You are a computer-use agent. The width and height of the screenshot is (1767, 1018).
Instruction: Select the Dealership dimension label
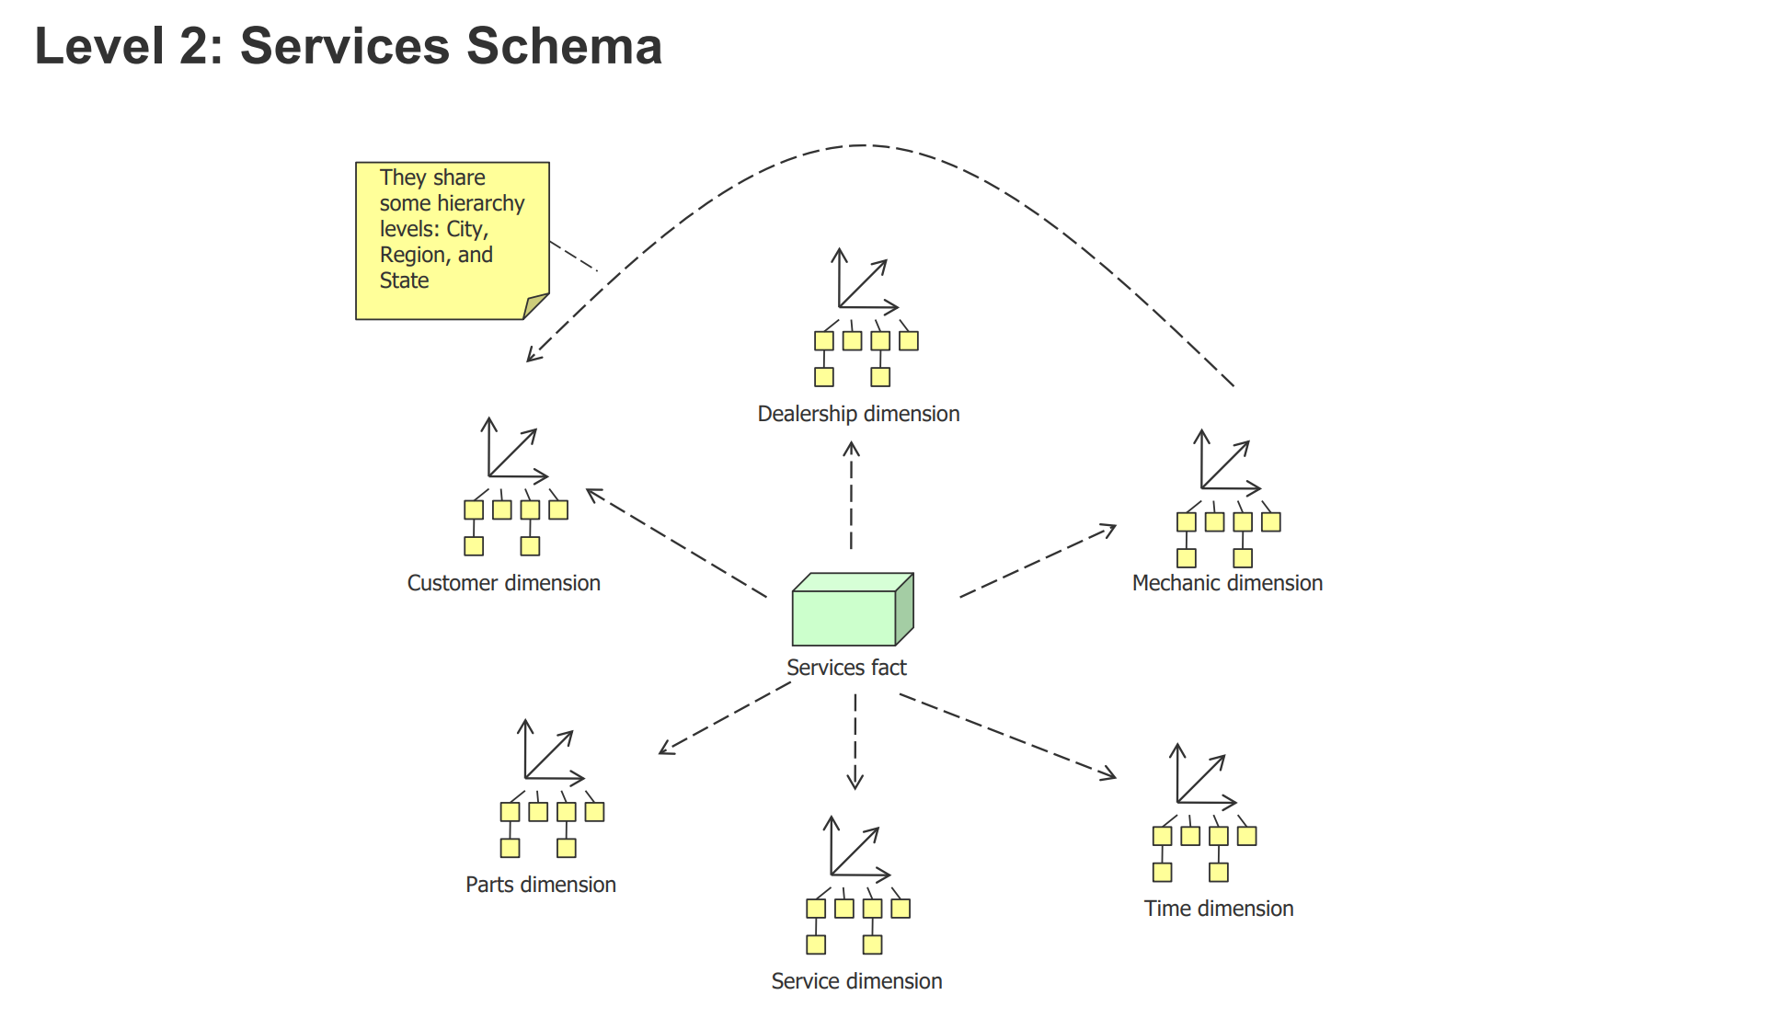click(x=858, y=414)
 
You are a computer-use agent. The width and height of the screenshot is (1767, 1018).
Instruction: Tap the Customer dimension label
click(x=503, y=583)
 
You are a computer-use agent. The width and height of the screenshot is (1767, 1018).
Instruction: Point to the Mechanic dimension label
click(x=1227, y=583)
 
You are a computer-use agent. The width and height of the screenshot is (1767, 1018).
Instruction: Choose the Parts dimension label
click(x=540, y=885)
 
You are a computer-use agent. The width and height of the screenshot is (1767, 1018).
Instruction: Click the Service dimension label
click(x=856, y=981)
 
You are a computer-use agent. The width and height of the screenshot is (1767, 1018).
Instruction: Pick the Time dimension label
click(x=1218, y=909)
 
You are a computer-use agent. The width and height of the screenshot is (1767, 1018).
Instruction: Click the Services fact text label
click(x=846, y=668)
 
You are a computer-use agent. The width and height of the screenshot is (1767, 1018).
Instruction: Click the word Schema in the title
click(x=564, y=46)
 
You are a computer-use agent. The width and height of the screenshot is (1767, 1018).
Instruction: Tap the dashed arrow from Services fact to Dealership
click(x=852, y=497)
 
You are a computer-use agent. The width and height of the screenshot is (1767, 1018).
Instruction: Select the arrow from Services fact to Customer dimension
click(x=676, y=543)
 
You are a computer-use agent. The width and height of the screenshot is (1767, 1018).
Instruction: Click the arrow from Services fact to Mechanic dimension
click(x=1038, y=562)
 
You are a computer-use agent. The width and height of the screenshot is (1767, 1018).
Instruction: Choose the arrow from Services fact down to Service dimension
click(x=855, y=740)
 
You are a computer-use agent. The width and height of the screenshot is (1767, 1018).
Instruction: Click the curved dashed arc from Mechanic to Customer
click(x=863, y=145)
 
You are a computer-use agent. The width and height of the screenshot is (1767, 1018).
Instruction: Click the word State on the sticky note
click(x=405, y=280)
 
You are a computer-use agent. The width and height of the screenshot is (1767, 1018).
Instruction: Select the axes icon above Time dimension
click(x=1201, y=777)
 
